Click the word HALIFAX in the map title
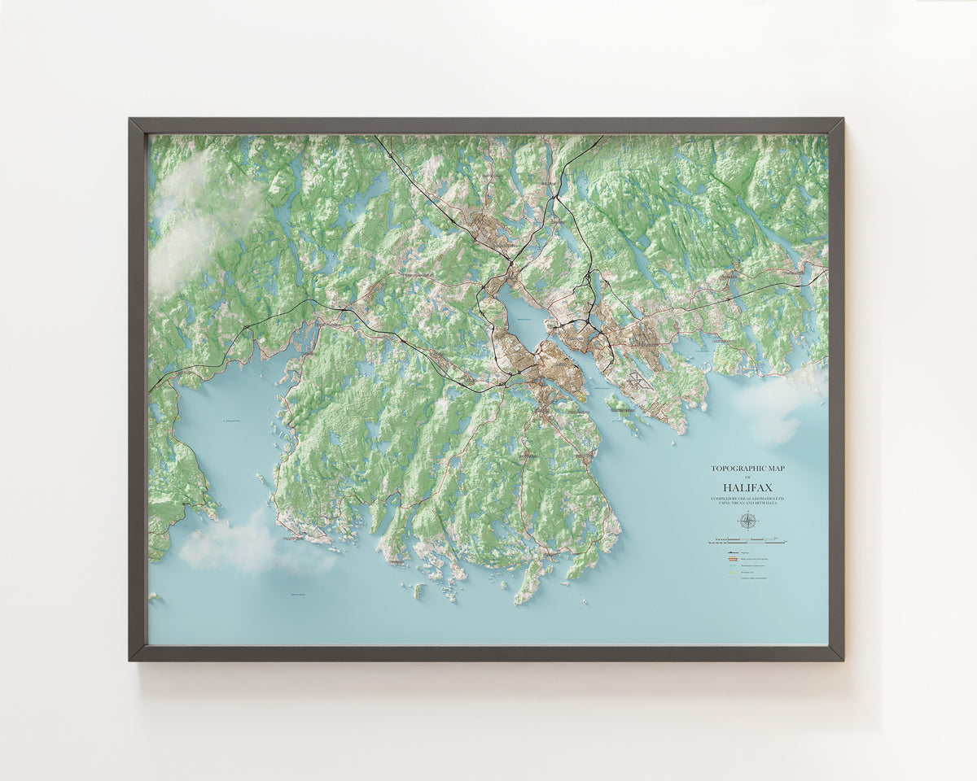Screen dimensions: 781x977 (x=747, y=486)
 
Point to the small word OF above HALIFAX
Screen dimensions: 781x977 (x=747, y=477)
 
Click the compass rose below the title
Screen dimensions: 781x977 (x=747, y=521)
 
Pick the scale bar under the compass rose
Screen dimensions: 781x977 (x=747, y=539)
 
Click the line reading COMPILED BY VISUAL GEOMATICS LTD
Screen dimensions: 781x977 (x=747, y=498)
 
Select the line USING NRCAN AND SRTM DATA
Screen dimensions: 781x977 (x=747, y=504)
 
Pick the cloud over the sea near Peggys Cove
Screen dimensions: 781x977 (x=236, y=545)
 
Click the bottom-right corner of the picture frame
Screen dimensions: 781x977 (x=842, y=659)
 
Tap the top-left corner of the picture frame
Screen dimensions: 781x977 (x=130, y=120)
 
